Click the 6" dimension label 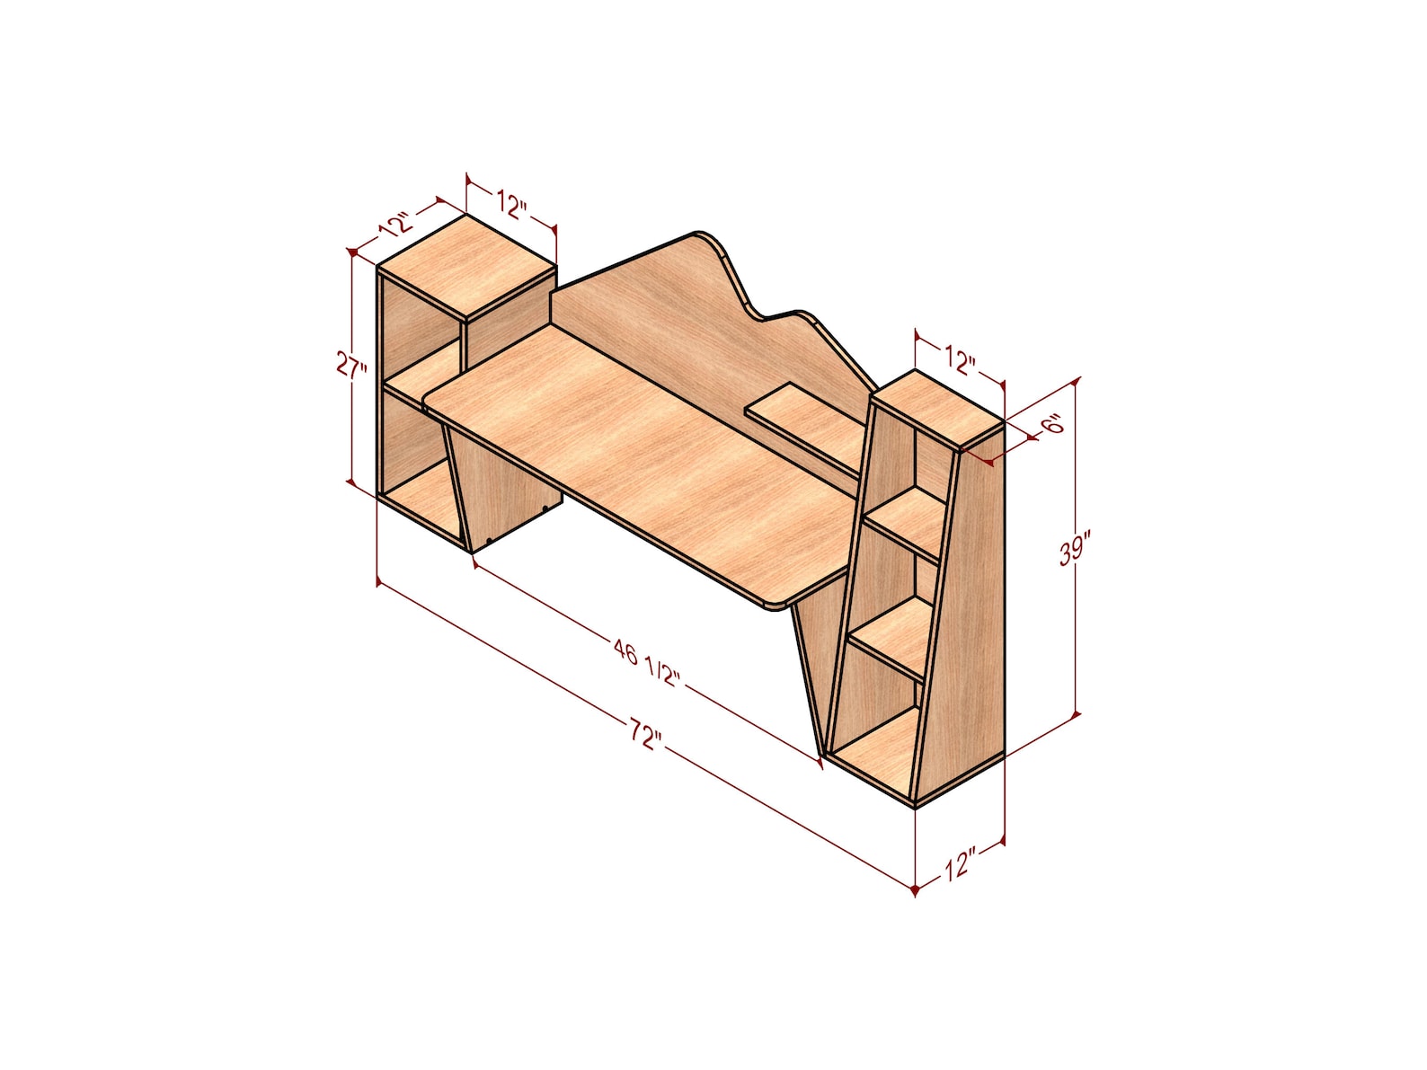tap(1052, 424)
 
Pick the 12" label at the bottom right tap(959, 866)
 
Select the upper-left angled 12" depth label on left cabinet tap(395, 224)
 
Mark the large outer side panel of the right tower tap(966, 611)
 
